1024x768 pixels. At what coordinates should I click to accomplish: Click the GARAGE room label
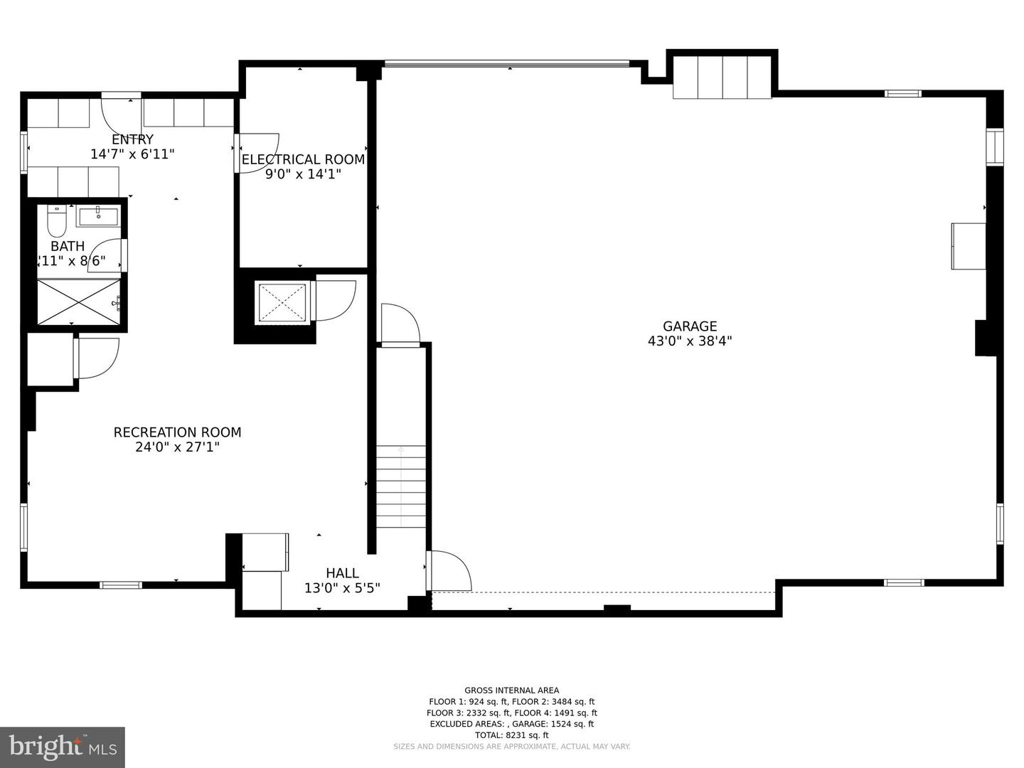[689, 326]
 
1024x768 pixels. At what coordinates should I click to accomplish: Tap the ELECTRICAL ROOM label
[303, 159]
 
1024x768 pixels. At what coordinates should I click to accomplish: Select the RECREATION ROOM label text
[177, 432]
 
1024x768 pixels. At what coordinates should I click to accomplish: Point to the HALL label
[342, 573]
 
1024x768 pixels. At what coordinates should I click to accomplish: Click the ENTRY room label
[132, 139]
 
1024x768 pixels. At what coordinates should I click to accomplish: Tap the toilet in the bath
[56, 222]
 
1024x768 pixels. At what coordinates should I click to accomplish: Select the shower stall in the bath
[78, 302]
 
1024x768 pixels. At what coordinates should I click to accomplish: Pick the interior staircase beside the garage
[401, 486]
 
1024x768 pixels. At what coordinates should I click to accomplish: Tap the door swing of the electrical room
[257, 152]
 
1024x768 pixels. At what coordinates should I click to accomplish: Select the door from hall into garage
[450, 570]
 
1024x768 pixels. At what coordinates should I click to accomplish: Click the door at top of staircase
[400, 326]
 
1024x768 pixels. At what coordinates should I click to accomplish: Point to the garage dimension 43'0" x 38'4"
[689, 341]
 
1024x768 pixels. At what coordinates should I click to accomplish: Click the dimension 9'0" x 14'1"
[303, 174]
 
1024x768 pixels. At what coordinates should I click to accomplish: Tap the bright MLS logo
[63, 747]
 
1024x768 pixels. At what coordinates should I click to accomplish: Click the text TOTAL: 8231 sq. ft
[512, 735]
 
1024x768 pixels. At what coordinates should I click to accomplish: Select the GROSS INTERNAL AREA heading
[512, 690]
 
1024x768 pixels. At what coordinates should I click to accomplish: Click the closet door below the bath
[96, 358]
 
